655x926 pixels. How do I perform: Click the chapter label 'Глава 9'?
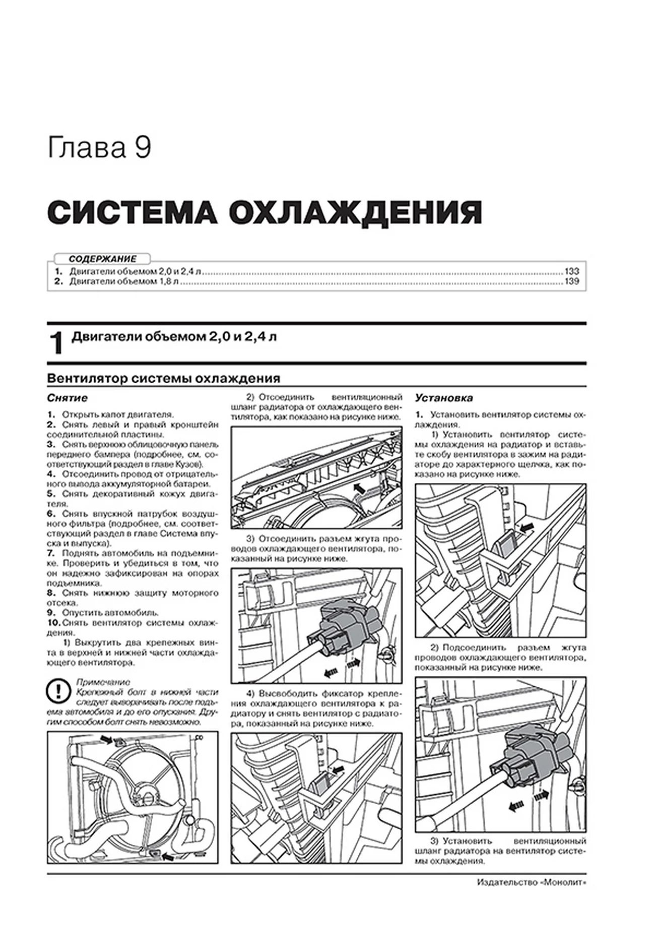coord(99,149)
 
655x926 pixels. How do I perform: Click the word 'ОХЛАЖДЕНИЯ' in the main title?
coord(355,213)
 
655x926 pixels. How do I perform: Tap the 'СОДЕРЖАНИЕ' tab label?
coord(102,259)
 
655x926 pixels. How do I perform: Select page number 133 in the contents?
coord(572,271)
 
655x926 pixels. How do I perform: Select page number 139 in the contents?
coord(572,281)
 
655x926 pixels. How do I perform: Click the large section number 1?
coord(56,343)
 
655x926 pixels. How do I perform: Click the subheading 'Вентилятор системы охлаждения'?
coord(163,378)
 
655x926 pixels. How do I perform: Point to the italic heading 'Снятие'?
coord(67,398)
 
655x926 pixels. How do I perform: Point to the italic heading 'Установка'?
coord(444,398)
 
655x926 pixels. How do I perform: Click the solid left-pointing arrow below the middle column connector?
coord(330,672)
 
